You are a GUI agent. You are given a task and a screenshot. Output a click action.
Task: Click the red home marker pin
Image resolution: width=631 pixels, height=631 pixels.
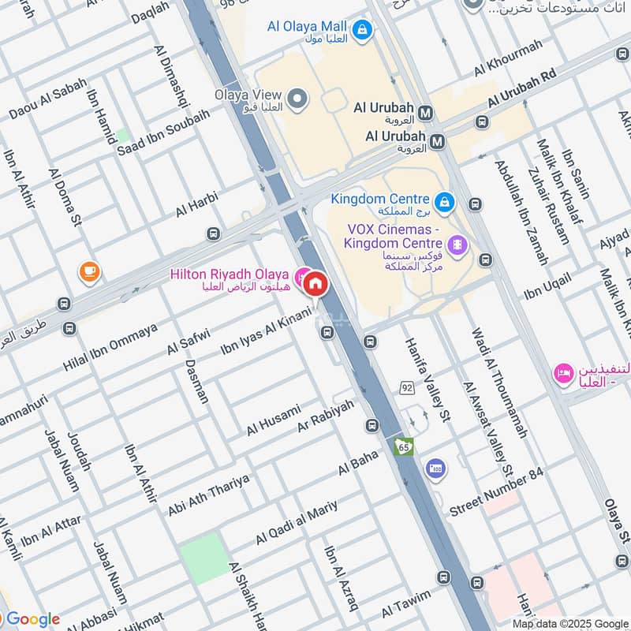pyautogui.click(x=315, y=283)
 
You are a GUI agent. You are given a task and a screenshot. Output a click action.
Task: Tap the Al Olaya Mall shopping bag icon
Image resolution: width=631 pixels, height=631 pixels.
pyautogui.click(x=362, y=31)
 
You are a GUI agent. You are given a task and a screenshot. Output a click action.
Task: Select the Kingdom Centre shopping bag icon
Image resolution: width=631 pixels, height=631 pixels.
pyautogui.click(x=445, y=202)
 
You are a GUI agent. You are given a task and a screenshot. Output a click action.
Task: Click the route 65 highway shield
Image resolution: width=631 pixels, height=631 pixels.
pyautogui.click(x=404, y=446)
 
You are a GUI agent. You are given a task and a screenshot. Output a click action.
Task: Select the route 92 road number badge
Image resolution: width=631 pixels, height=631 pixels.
pyautogui.click(x=407, y=387)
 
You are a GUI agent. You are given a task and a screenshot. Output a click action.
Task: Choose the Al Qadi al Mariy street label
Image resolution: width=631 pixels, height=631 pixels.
pyautogui.click(x=296, y=522)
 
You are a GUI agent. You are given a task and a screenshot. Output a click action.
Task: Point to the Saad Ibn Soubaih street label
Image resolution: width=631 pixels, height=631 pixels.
pyautogui.click(x=163, y=127)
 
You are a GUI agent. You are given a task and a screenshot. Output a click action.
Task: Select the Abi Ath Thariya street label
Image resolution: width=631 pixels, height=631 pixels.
pyautogui.click(x=208, y=495)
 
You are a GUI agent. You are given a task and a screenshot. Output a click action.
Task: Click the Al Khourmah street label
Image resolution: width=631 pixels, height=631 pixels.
pyautogui.click(x=508, y=58)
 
